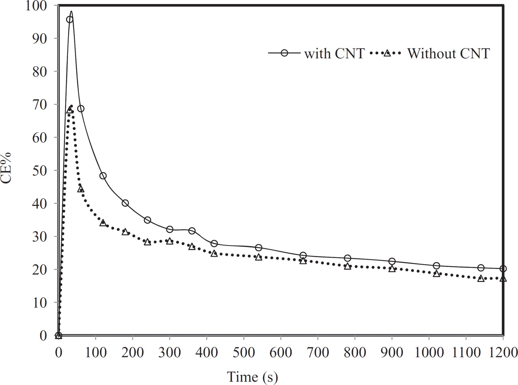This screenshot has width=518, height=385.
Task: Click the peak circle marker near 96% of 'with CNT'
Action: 70,19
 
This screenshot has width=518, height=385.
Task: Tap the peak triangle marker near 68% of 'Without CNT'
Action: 70,110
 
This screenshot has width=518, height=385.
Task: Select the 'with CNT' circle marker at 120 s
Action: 103,176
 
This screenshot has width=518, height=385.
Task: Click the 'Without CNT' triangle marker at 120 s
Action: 103,223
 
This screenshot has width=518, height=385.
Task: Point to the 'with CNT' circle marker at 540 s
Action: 259,247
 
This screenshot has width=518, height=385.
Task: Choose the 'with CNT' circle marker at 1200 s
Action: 503,269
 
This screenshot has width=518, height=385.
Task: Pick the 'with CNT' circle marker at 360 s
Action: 192,231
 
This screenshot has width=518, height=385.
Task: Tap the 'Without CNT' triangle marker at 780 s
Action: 347,266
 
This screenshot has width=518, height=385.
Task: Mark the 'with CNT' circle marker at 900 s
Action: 392,262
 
